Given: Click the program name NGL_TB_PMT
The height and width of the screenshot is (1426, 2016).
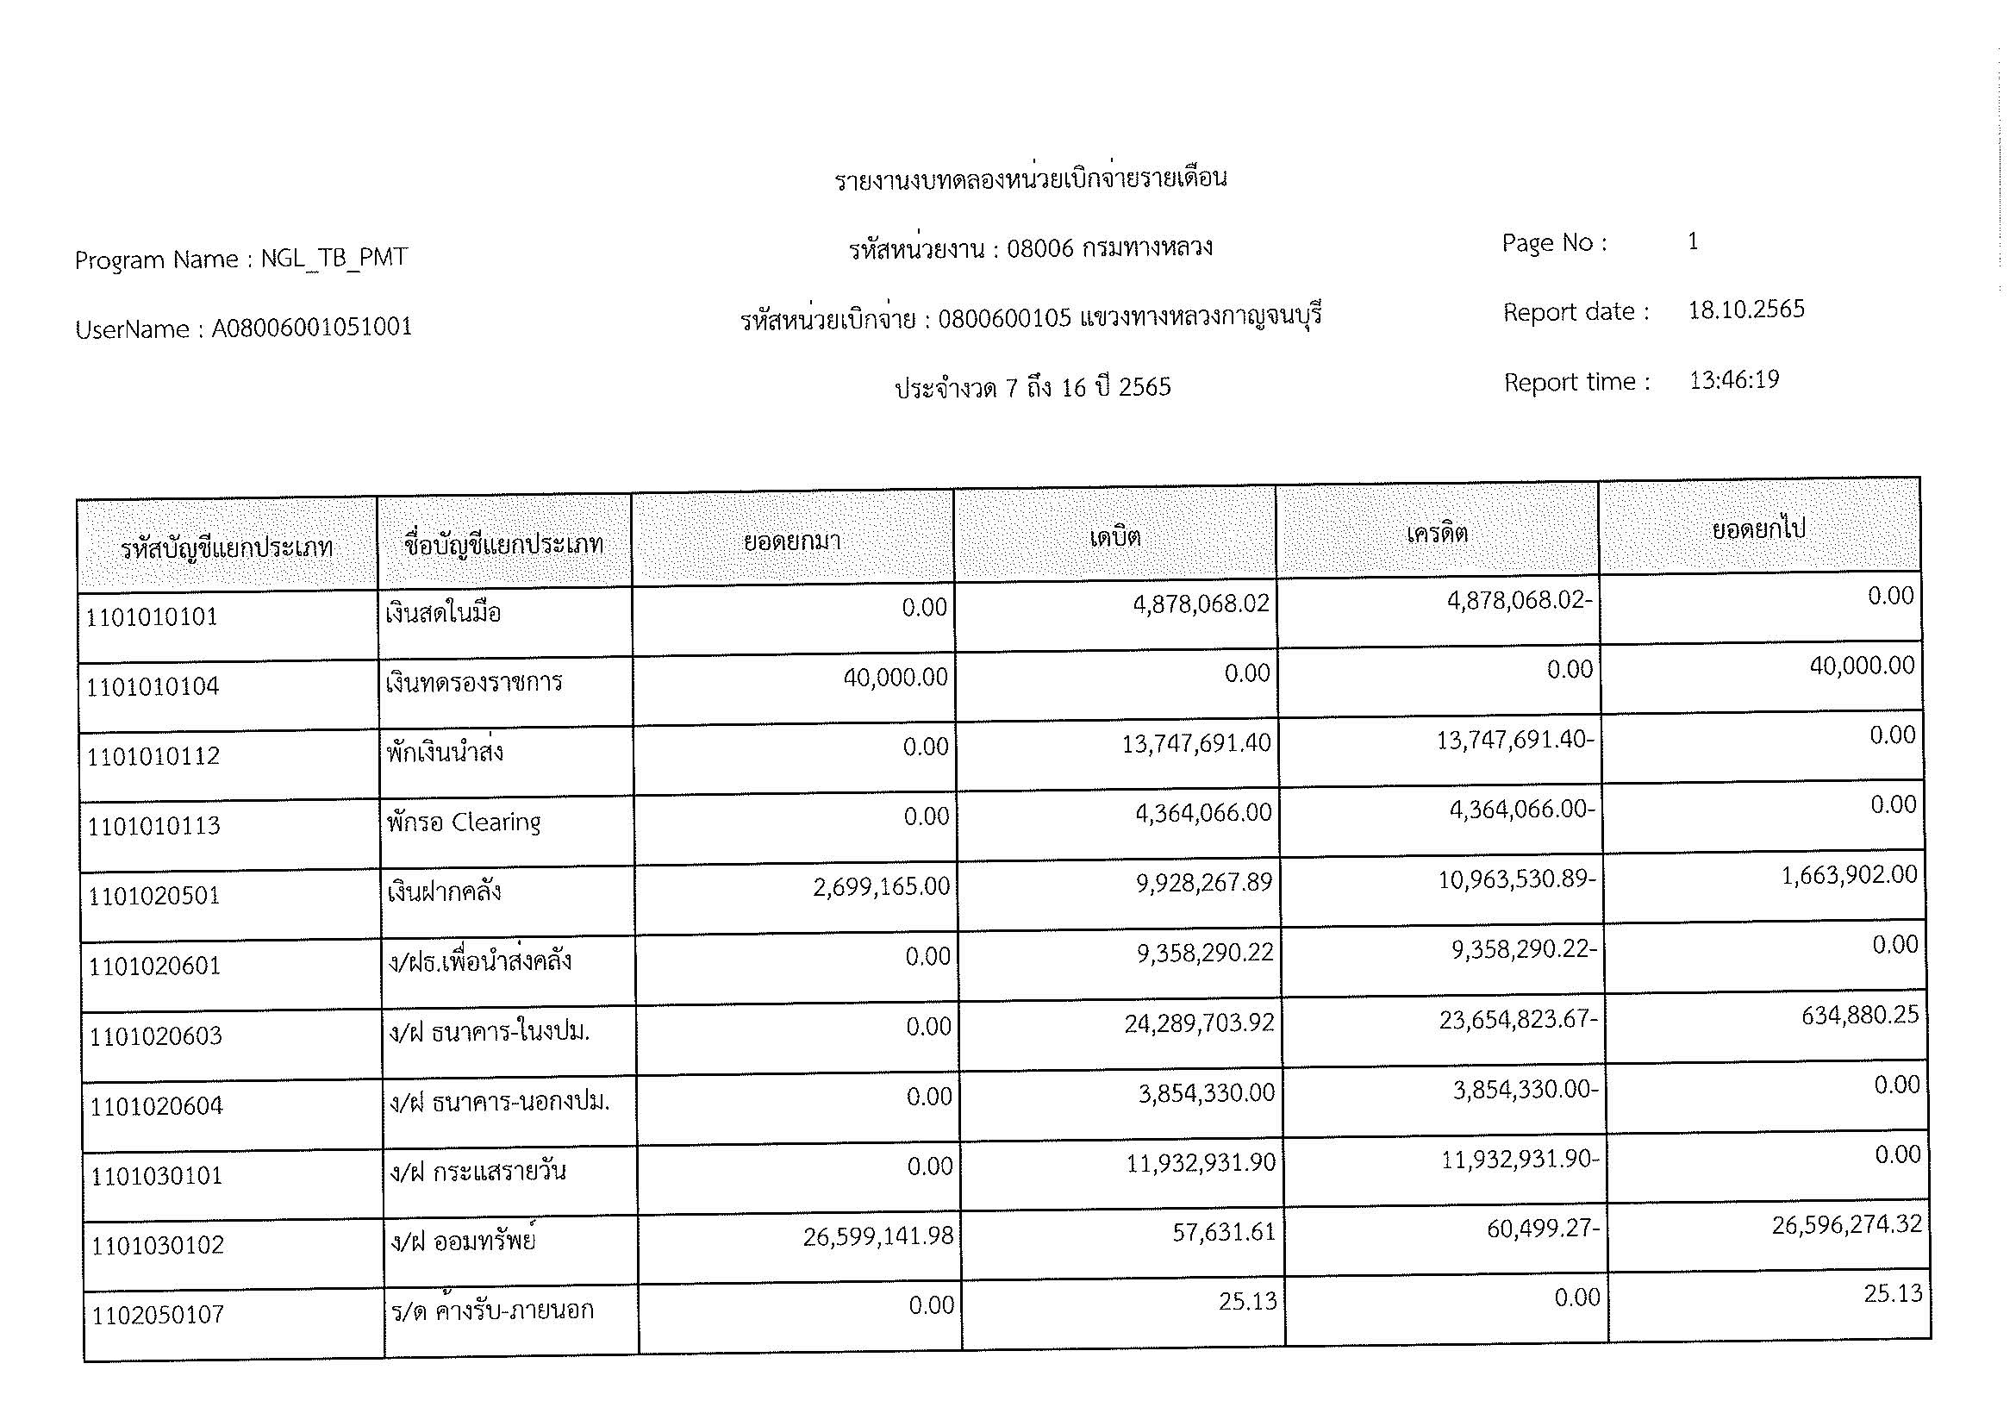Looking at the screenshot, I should tap(334, 258).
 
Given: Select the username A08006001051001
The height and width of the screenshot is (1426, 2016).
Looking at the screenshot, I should tap(312, 328).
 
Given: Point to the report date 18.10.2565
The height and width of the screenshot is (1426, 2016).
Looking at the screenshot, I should tap(1745, 310).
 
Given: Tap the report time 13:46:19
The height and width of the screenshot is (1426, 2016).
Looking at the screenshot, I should tap(1733, 380).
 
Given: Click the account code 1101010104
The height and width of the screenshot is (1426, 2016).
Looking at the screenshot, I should tap(152, 685).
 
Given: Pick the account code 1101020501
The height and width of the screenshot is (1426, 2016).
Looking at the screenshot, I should tap(153, 896).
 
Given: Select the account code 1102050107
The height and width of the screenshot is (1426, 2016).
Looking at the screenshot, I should tap(158, 1315).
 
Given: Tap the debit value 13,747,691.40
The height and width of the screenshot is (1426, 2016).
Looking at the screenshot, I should tap(1196, 744).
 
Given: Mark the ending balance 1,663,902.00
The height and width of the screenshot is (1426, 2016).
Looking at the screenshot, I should tap(1848, 875).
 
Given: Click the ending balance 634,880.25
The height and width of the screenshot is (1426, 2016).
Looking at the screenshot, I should tap(1860, 1016).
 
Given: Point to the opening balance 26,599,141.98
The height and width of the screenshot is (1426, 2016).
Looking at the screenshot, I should tap(877, 1236).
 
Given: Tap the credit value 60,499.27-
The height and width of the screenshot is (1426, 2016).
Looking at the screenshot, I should tap(1542, 1229).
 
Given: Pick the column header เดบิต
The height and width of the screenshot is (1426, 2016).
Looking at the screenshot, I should tap(1115, 535).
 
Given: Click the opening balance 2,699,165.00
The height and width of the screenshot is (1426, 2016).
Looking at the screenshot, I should tap(881, 887).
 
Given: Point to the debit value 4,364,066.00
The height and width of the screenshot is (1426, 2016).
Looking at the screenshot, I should tap(1203, 813).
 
